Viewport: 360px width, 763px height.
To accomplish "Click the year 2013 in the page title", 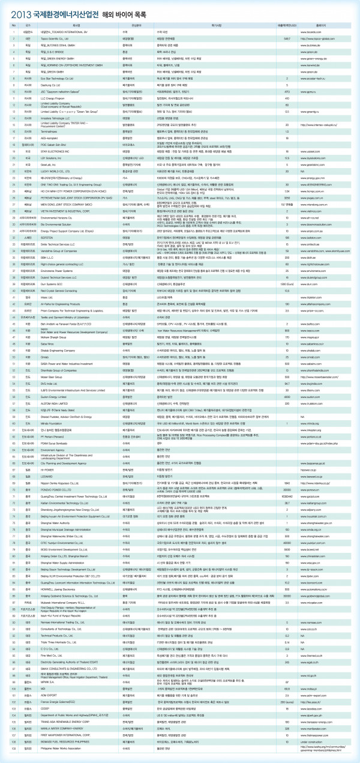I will coord(22,11).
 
